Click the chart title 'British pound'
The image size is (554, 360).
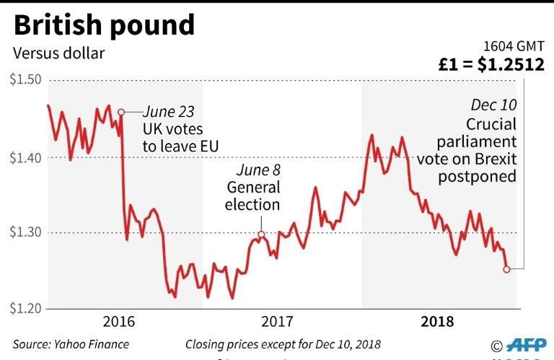(x=104, y=25)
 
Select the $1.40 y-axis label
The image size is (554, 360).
(x=25, y=157)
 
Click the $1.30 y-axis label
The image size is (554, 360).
(x=25, y=233)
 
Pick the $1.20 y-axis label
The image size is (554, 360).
(x=25, y=309)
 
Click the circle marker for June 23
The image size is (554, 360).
(x=120, y=112)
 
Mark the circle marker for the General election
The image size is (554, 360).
(x=261, y=234)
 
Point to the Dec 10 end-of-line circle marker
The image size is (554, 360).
(x=506, y=269)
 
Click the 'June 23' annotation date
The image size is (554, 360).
(x=168, y=112)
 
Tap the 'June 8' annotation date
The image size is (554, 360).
(x=259, y=170)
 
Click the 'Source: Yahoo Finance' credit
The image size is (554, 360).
(x=70, y=344)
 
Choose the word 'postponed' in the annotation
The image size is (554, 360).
(x=483, y=176)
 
